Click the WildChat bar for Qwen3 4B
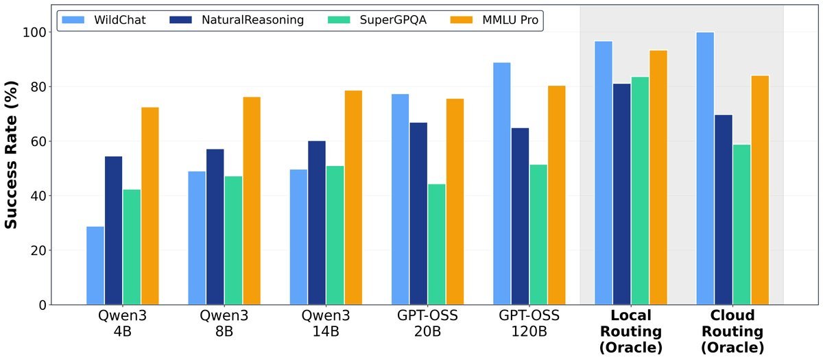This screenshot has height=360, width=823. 95,265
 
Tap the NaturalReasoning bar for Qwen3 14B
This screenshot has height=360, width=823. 317,223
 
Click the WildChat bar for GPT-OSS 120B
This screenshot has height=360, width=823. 501,184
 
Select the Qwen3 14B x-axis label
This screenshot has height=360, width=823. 326,324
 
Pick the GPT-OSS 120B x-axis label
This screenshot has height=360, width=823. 529,324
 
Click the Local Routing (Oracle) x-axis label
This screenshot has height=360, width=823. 630,332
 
